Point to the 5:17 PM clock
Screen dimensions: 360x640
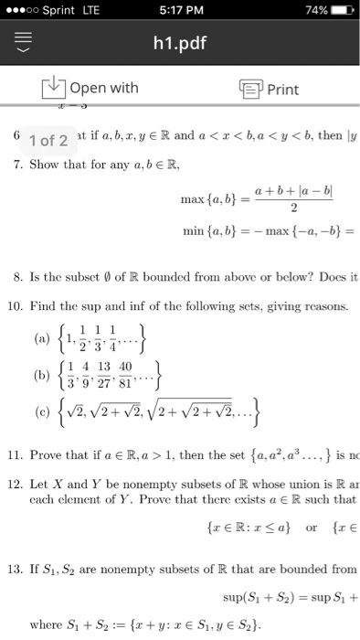(180, 10)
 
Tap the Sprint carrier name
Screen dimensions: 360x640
(59, 10)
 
